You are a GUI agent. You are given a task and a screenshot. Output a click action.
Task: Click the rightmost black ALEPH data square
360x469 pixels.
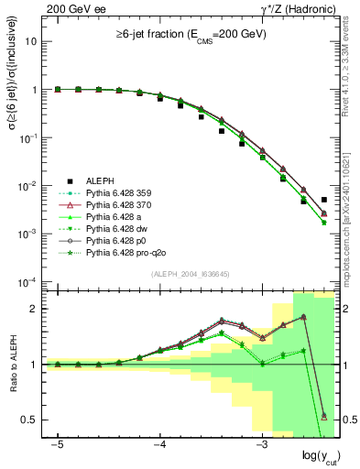[x=324, y=200]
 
